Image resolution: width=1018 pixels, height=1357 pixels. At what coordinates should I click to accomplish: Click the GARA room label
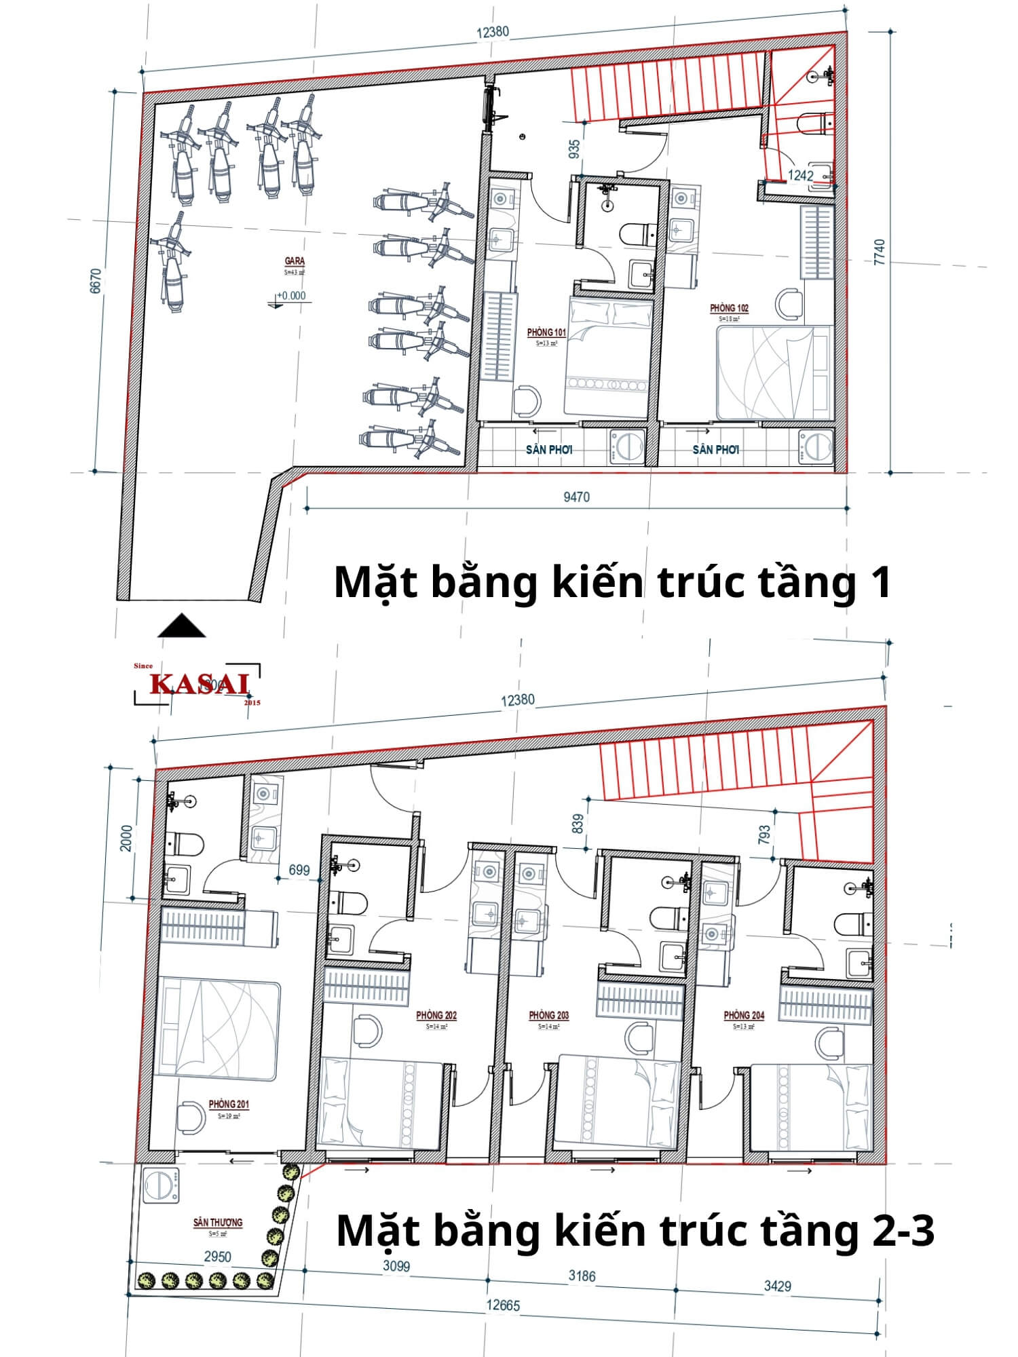295,261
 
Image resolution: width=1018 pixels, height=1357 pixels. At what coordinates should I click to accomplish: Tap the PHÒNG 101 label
546,332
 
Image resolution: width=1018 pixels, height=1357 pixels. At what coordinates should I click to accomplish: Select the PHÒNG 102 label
729,308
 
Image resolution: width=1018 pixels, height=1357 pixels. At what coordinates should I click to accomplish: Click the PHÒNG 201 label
228,1104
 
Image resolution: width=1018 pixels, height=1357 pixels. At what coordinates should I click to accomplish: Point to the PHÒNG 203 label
548,1015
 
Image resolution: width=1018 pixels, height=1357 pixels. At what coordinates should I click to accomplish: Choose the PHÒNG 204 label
744,1015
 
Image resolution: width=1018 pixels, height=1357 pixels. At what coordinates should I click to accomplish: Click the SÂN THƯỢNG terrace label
217,1222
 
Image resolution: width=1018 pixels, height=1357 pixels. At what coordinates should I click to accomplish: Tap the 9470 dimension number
576,497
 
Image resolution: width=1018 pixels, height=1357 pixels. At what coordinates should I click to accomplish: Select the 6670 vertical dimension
95,281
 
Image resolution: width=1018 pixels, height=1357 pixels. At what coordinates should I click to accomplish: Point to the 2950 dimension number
218,1257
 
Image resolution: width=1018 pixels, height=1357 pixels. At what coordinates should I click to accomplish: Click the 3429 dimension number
776,1285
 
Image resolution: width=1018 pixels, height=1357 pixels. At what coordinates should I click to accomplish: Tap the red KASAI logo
200,684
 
